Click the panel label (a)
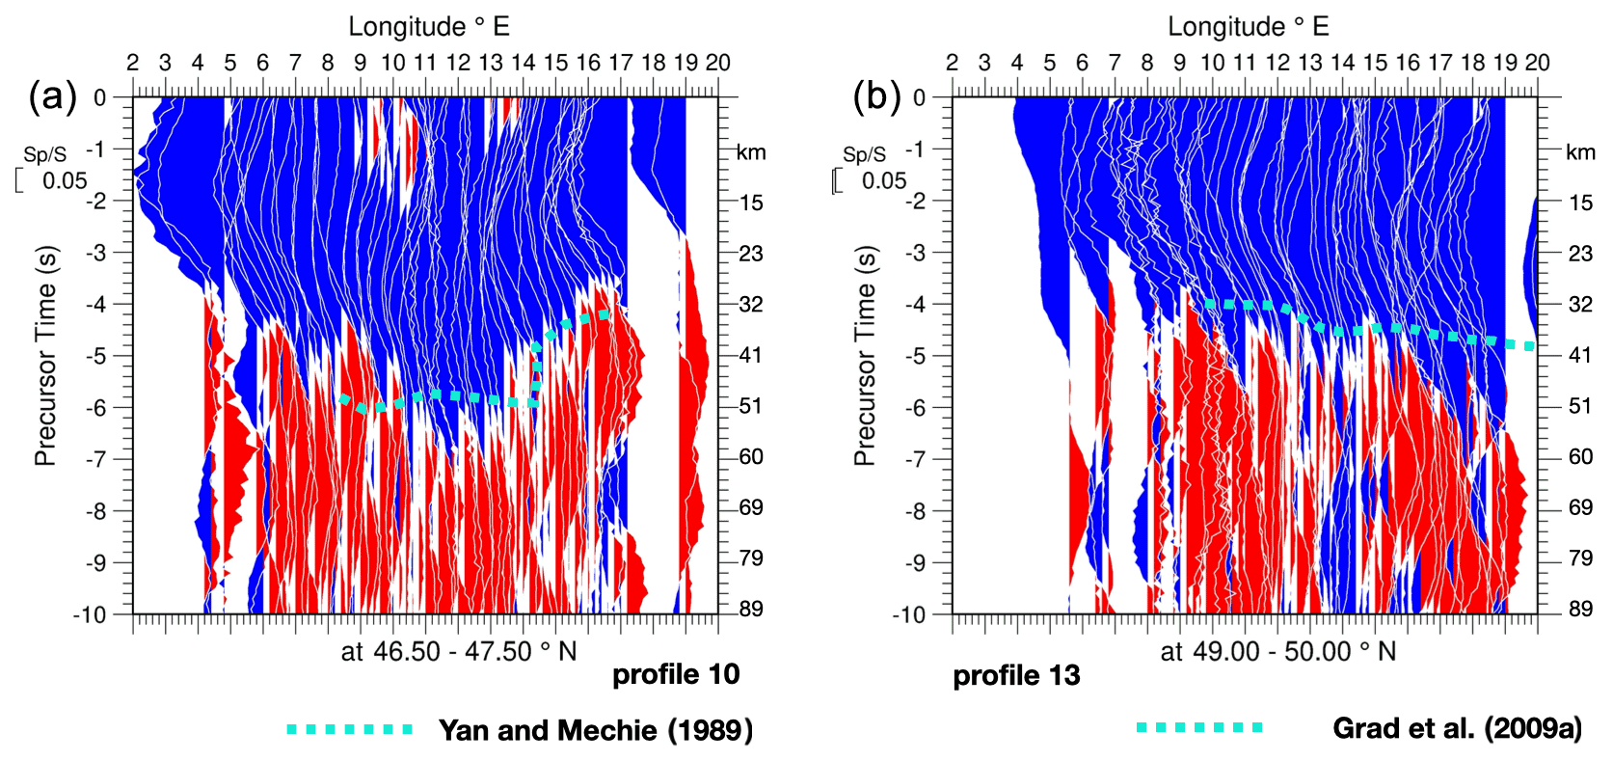[x=53, y=96]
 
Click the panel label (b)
[x=876, y=96]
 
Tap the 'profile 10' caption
[x=676, y=674]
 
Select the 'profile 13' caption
[x=1016, y=676]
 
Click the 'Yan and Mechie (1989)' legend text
[x=595, y=730]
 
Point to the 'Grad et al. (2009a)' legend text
[x=1457, y=728]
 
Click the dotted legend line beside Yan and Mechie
[x=349, y=729]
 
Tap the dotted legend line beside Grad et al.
[x=1199, y=727]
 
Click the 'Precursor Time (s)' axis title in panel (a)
[x=45, y=355]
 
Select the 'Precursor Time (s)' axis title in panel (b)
[x=865, y=355]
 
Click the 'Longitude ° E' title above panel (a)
[x=428, y=26]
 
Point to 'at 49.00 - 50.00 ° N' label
[x=1277, y=652]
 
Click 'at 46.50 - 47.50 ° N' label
[x=458, y=652]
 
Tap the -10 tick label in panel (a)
[x=89, y=614]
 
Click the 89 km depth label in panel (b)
[x=1580, y=609]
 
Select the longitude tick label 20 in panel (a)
[x=717, y=63]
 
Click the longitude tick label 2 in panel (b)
[x=952, y=63]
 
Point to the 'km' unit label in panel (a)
[x=751, y=152]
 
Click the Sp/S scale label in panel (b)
[x=864, y=154]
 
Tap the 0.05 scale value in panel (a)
[x=65, y=180]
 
